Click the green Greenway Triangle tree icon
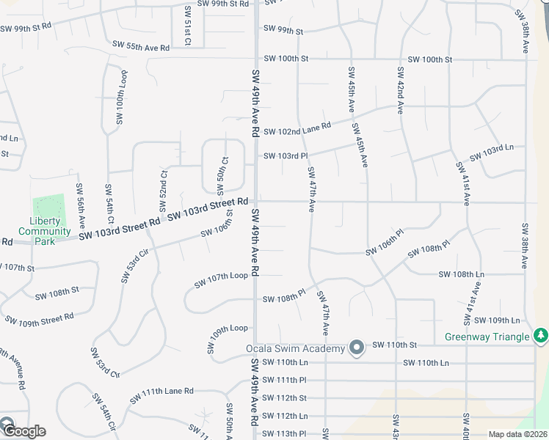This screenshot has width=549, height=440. [x=541, y=335]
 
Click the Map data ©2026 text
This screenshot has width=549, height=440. [x=518, y=434]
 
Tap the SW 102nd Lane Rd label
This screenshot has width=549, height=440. [x=297, y=131]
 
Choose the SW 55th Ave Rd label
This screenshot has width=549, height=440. [x=141, y=46]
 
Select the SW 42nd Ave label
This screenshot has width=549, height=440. [x=401, y=91]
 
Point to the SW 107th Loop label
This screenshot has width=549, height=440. [x=221, y=280]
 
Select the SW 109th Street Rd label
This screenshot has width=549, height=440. [x=40, y=320]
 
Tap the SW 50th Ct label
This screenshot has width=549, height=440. [x=222, y=170]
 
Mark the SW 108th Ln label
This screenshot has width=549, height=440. [x=462, y=274]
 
